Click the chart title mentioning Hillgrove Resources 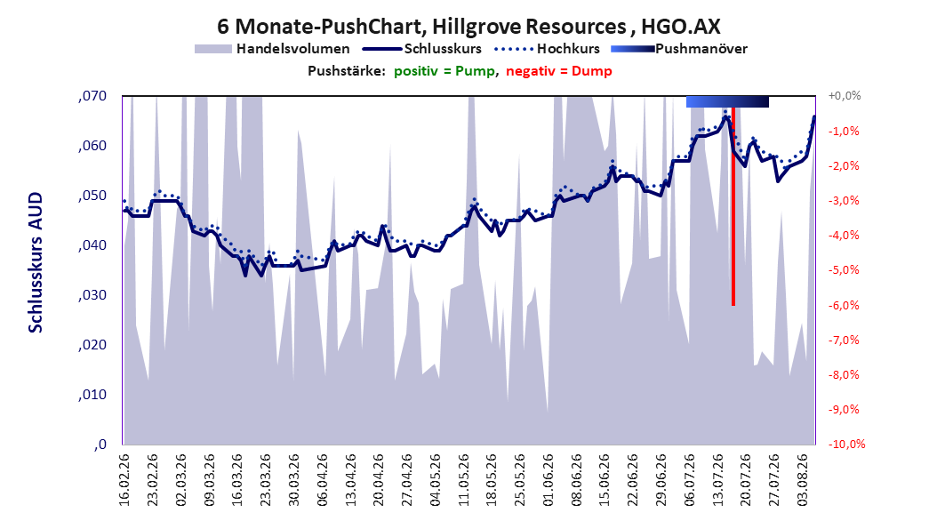click(x=468, y=27)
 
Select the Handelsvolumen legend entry click(x=272, y=49)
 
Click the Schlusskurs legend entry click(x=422, y=49)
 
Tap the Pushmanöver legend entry click(x=679, y=49)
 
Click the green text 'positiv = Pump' click(x=444, y=71)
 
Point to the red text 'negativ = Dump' click(x=559, y=71)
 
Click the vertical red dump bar click(x=733, y=207)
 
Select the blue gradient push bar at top click(x=727, y=101)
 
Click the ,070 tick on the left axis click(x=92, y=96)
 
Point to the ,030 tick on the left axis click(x=92, y=295)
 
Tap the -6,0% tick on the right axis click(x=844, y=305)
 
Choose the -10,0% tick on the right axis click(x=846, y=444)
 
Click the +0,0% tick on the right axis click(x=845, y=96)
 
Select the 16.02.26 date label click(x=124, y=479)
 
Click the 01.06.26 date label click(x=549, y=479)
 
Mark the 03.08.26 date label click(x=803, y=479)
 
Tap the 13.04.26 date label click(x=351, y=479)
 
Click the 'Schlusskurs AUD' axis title click(x=36, y=262)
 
